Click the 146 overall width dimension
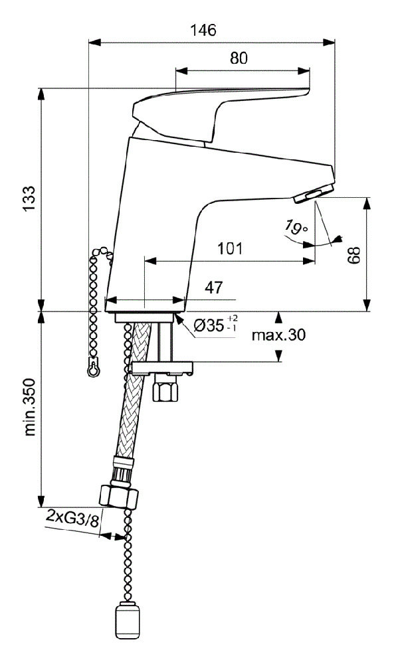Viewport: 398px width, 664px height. [x=203, y=31]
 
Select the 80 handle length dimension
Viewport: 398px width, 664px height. [x=239, y=58]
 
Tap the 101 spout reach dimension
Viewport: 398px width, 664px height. [x=230, y=248]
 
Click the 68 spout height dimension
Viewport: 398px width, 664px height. [x=354, y=255]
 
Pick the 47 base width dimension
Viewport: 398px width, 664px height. [x=214, y=288]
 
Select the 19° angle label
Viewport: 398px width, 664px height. [x=296, y=227]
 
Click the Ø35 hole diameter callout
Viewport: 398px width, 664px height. [x=215, y=325]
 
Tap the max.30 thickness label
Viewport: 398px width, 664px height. [x=278, y=335]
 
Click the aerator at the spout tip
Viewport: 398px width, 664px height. [x=314, y=195]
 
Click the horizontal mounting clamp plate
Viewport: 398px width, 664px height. [x=162, y=368]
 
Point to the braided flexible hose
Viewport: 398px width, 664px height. [x=133, y=390]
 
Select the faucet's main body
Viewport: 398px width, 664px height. [x=169, y=212]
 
